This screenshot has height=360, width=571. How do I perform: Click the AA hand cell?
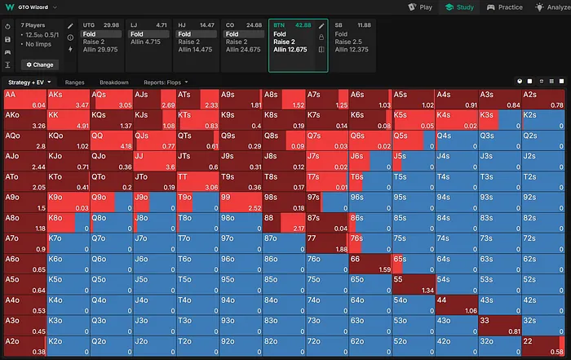pos(24,99)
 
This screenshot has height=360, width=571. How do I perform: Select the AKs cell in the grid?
pos(68,99)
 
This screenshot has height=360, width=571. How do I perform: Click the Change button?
pos(39,64)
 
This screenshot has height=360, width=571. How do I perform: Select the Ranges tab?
pos(75,82)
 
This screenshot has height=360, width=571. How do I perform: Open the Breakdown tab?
pos(114,82)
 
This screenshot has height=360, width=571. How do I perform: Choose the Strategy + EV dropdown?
pos(29,82)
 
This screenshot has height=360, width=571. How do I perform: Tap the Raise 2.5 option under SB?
pos(349,42)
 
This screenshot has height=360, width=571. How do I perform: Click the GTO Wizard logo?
pos(29,7)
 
